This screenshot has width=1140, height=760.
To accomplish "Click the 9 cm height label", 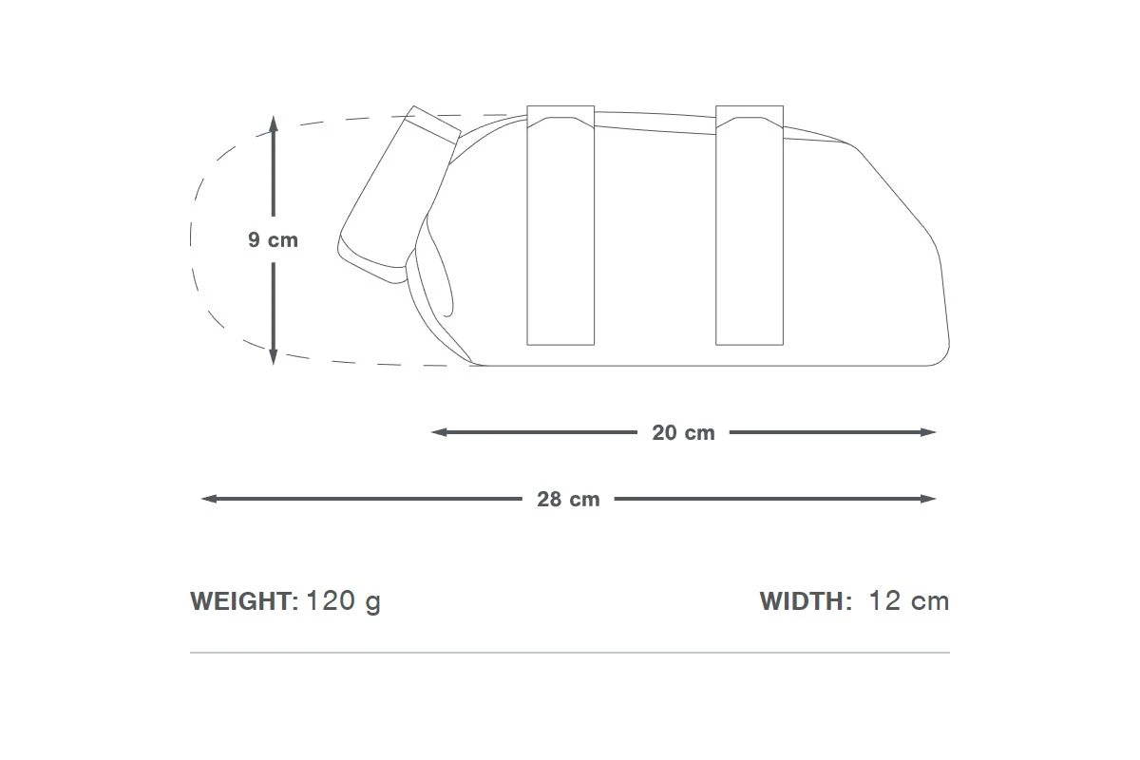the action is point(273,239).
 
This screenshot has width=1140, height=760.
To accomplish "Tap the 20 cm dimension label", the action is point(683,432).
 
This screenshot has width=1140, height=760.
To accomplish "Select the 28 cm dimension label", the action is point(568,499).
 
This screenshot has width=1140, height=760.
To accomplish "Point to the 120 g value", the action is point(344,601).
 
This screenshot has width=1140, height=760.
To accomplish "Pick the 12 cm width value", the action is point(909,600).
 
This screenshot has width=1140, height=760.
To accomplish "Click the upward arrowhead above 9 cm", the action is point(274,123).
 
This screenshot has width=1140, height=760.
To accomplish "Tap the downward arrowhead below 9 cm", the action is point(274,357).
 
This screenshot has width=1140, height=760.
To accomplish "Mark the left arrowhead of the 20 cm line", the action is point(439,432).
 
